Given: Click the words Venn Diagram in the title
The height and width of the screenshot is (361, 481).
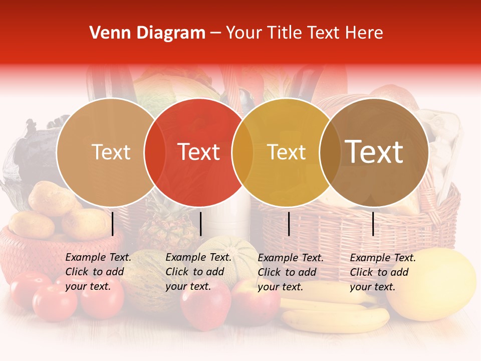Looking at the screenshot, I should tap(147, 33).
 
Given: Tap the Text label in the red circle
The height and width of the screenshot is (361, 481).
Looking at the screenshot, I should tap(199, 152).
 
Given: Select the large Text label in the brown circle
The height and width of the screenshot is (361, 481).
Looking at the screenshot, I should tap(374, 152).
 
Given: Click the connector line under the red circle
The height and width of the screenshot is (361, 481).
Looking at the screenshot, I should tap(200, 224).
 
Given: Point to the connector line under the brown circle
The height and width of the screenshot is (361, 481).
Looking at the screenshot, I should tap(373, 224).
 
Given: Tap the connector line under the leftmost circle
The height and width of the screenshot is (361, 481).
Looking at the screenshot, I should tap(112, 224).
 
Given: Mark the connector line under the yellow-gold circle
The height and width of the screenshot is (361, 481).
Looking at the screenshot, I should tap(289, 224).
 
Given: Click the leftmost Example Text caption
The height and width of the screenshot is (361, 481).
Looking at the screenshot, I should tap(98, 272).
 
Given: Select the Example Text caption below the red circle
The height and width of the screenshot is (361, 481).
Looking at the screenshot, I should tap(198, 272).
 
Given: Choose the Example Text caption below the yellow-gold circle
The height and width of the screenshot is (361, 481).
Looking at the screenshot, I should tap(290, 272).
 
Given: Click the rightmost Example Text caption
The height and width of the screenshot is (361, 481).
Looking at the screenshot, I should tap(382, 272).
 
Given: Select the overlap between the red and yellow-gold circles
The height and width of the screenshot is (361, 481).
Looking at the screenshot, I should tap(243, 152).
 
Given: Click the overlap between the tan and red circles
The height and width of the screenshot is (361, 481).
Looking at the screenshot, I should tap(155, 152).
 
